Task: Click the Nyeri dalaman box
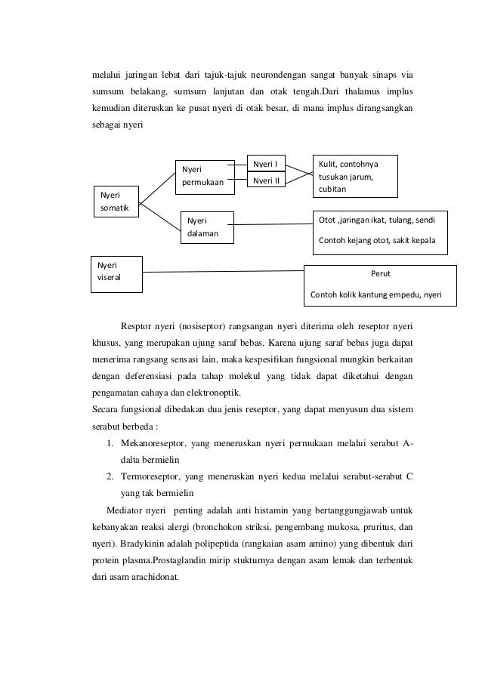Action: coord(205,227)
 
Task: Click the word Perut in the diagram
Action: coord(381,275)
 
